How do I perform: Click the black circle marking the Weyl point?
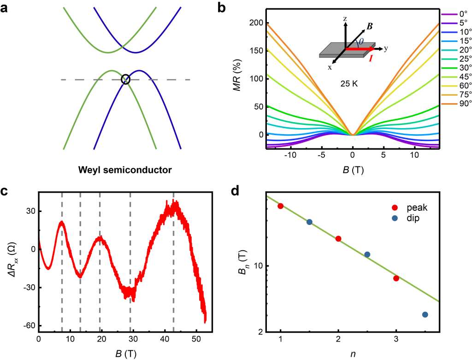coord(125,79)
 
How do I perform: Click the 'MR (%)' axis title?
coord(239,79)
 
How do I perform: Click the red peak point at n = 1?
coord(280,206)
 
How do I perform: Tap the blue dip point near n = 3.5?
coord(425,315)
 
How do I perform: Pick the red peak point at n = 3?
coord(396,278)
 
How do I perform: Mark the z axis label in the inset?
coord(344,19)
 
